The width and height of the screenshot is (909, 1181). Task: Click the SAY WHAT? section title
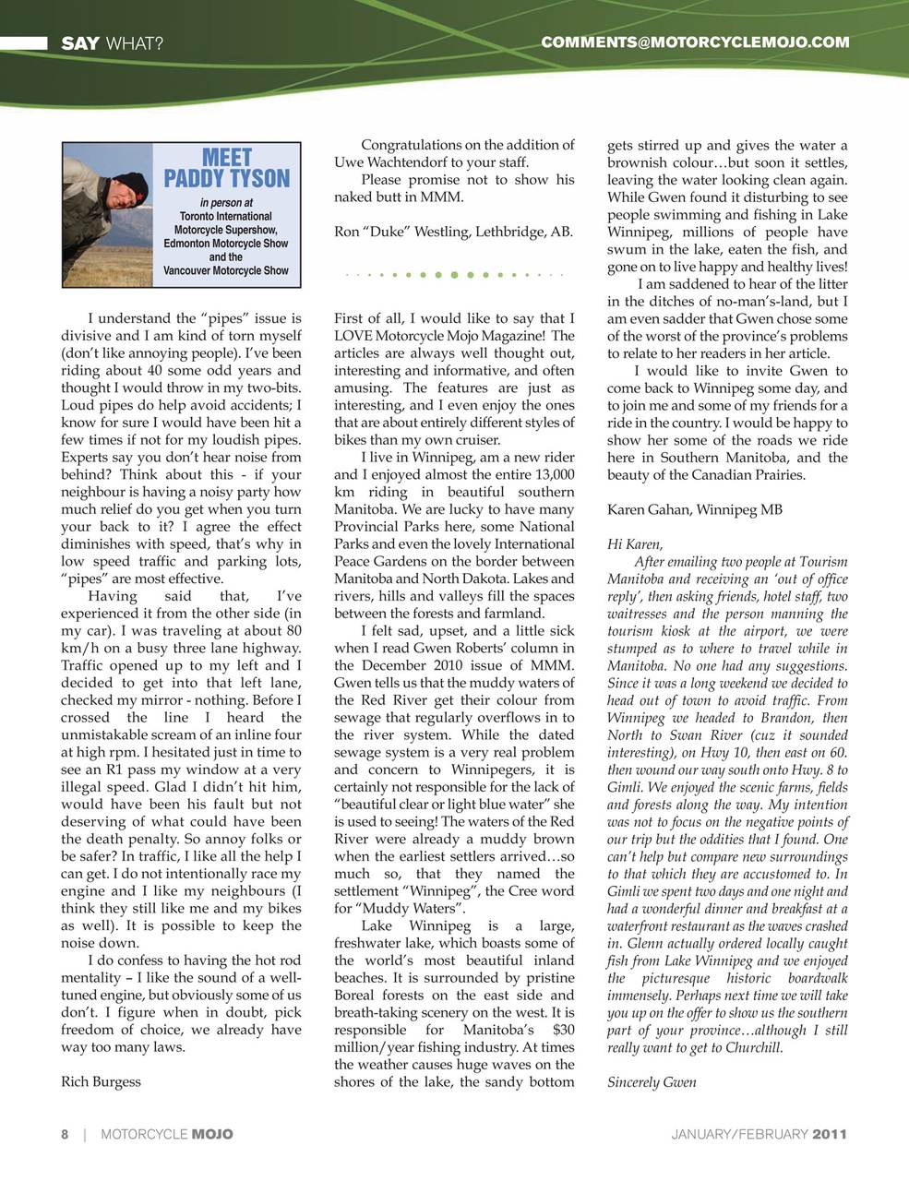pos(112,43)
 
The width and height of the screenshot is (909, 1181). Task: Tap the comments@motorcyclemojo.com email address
pos(694,42)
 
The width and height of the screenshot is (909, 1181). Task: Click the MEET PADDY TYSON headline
pos(226,168)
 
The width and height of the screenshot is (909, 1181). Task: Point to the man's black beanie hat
pos(129,186)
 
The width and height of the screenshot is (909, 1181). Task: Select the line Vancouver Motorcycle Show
pos(226,271)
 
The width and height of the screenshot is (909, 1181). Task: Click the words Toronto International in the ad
pos(226,216)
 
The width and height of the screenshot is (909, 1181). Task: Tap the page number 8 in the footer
pos(65,1134)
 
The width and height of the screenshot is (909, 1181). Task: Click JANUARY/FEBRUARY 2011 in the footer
pos(759,1134)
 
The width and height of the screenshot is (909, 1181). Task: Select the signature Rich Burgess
pos(101,1081)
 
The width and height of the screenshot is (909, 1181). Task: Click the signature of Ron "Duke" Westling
pos(453,232)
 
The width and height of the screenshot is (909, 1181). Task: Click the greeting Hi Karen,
pos(635,544)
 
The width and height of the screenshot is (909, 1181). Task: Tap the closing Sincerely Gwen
pos(652,1082)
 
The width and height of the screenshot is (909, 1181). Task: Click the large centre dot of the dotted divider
pos(455,275)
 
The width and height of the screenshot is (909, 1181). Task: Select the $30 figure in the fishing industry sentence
pos(562,1030)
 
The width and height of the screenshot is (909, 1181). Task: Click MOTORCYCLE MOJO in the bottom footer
pos(167,1134)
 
